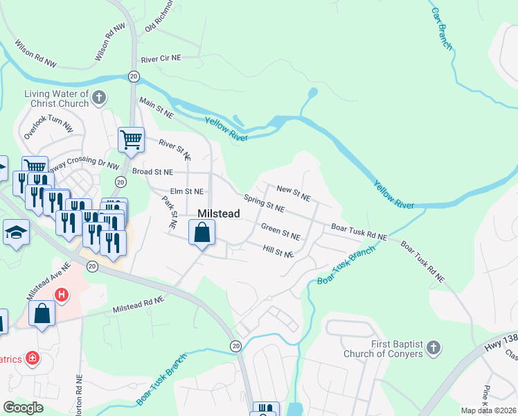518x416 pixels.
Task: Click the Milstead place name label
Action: tap(219, 214)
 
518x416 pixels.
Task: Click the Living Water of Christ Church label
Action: tap(56, 98)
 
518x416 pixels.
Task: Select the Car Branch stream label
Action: tap(442, 28)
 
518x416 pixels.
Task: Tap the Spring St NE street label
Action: tap(264, 202)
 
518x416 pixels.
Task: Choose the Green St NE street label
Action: tap(280, 232)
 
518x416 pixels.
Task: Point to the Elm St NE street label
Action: tap(187, 191)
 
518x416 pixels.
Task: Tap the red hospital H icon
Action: tap(62, 295)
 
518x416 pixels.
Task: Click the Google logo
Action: tap(24, 408)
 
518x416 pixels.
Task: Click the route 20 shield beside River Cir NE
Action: tap(132, 76)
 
